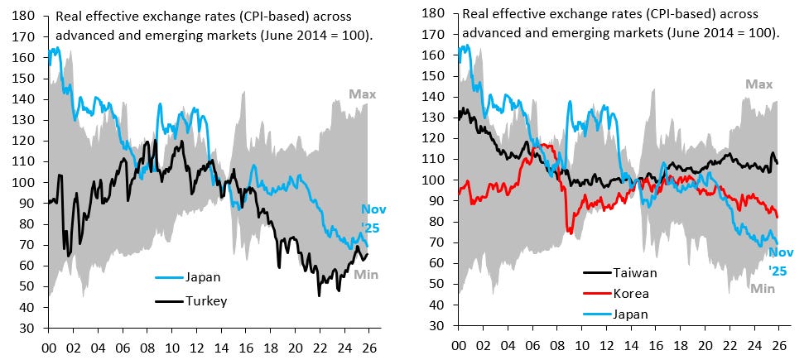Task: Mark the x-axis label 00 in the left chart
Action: pyautogui.click(x=48, y=348)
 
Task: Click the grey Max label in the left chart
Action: pyautogui.click(x=361, y=94)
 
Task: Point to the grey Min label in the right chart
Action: pyautogui.click(x=763, y=288)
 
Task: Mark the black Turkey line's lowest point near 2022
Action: pyautogui.click(x=319, y=295)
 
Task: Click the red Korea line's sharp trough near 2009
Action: pyautogui.click(x=569, y=233)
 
